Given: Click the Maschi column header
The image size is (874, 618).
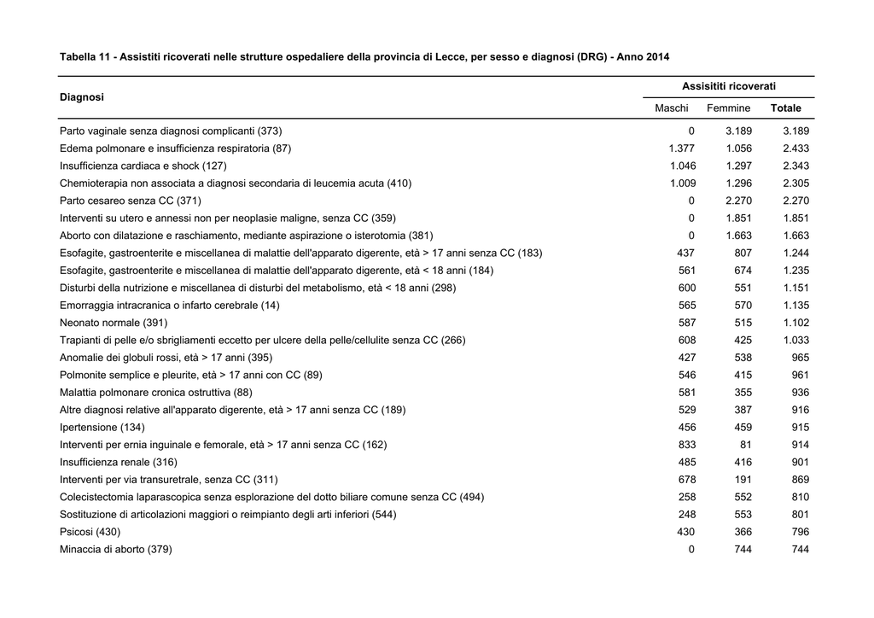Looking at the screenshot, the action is pyautogui.click(x=671, y=108).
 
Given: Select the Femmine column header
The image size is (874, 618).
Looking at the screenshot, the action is pyautogui.click(x=729, y=108).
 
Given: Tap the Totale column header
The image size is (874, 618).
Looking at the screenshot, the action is pyautogui.click(x=786, y=108).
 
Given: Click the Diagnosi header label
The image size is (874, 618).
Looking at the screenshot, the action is pyautogui.click(x=82, y=97).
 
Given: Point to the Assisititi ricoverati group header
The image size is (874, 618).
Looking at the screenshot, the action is pyautogui.click(x=729, y=86).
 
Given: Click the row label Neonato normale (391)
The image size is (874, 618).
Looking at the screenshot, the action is pyautogui.click(x=114, y=323).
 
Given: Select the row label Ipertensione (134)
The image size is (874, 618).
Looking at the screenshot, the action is pyautogui.click(x=102, y=428).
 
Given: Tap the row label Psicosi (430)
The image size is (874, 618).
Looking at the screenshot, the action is pyautogui.click(x=90, y=532).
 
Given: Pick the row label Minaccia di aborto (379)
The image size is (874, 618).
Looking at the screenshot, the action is pyautogui.click(x=116, y=550).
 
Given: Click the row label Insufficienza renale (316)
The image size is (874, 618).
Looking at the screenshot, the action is pyautogui.click(x=118, y=462).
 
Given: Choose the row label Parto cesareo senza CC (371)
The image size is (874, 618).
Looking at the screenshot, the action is pyautogui.click(x=131, y=201).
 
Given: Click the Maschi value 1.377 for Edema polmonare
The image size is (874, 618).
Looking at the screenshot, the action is pyautogui.click(x=682, y=149).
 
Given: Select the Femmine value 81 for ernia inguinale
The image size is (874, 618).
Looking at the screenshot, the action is pyautogui.click(x=746, y=445).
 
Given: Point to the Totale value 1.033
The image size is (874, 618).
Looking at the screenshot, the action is pyautogui.click(x=796, y=340).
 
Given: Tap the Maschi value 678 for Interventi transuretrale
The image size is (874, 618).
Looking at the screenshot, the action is pyautogui.click(x=687, y=480).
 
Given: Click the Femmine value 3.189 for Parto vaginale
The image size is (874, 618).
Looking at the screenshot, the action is pyautogui.click(x=738, y=131).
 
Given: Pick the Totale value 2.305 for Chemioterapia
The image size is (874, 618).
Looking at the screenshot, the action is pyautogui.click(x=796, y=184).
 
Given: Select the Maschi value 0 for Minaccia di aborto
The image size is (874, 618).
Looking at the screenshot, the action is pyautogui.click(x=691, y=550).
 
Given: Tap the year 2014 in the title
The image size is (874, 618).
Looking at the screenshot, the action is pyautogui.click(x=658, y=57).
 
